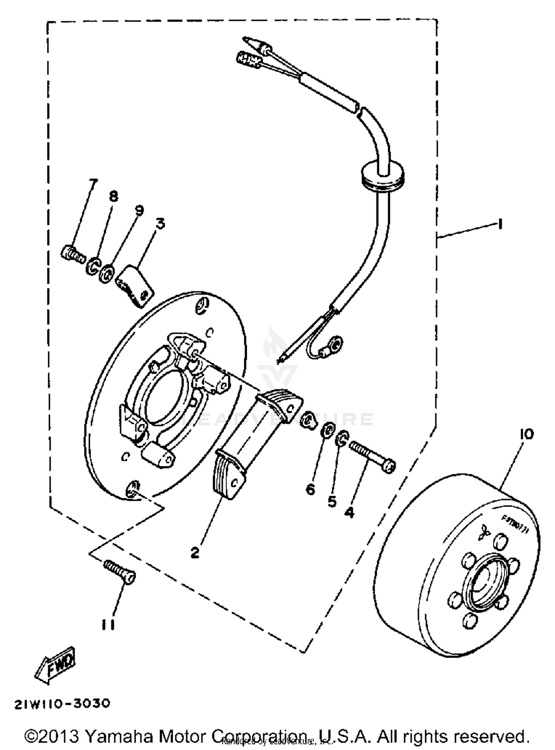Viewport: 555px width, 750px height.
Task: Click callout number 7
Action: pyautogui.click(x=93, y=184)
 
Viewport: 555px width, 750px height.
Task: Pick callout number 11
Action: pyautogui.click(x=108, y=625)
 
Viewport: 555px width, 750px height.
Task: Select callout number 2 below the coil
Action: pyautogui.click(x=195, y=553)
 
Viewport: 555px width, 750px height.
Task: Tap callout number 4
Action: pyautogui.click(x=349, y=512)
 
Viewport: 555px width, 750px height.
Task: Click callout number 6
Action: pyautogui.click(x=310, y=489)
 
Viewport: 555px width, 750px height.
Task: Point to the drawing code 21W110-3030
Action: pyautogui.click(x=62, y=704)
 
